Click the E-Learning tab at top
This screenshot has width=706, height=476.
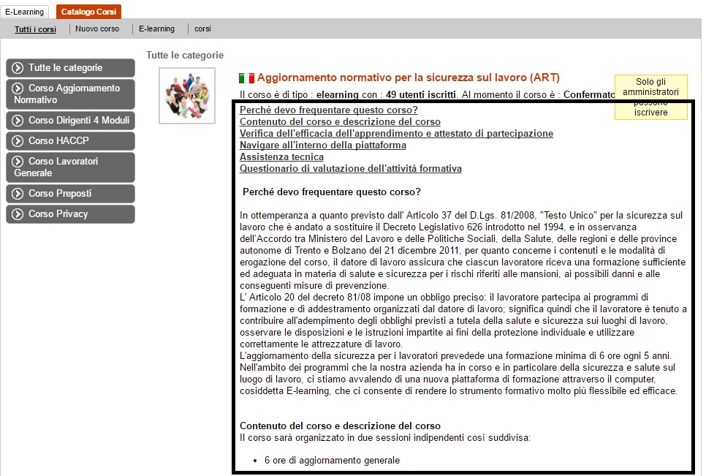[x=25, y=12]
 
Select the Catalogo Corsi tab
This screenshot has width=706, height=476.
[x=88, y=12]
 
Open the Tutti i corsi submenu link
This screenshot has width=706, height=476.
[x=35, y=29]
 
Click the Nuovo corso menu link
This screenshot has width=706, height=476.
[x=97, y=29]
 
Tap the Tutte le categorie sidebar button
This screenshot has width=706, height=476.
[x=70, y=68]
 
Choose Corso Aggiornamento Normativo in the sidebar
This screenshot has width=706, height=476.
[x=70, y=94]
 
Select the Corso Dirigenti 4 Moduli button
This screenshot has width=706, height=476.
[x=70, y=121]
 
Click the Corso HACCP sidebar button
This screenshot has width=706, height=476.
[x=70, y=141]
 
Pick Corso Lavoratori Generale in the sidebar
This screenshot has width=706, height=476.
[x=70, y=167]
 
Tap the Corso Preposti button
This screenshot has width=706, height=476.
[x=70, y=194]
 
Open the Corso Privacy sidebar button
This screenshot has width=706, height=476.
[x=70, y=214]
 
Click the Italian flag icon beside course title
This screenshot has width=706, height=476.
[x=246, y=78]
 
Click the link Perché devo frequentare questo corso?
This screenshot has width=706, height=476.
[x=329, y=110]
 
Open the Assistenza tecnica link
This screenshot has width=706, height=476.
[x=281, y=157]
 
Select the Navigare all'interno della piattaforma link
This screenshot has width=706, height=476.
[x=323, y=146]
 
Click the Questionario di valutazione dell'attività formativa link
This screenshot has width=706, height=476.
[x=351, y=169]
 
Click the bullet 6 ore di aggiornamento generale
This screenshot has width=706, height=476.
[x=332, y=461]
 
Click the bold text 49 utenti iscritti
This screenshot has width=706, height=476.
[x=422, y=95]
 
